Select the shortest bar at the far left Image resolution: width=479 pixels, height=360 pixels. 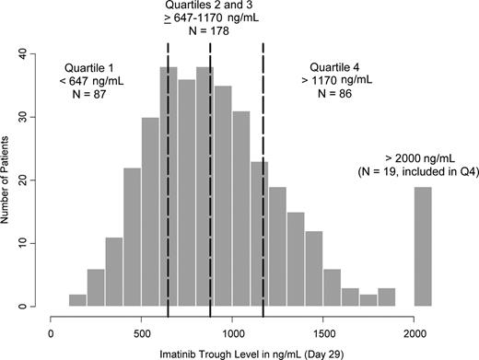pyautogui.click(x=78, y=301)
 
